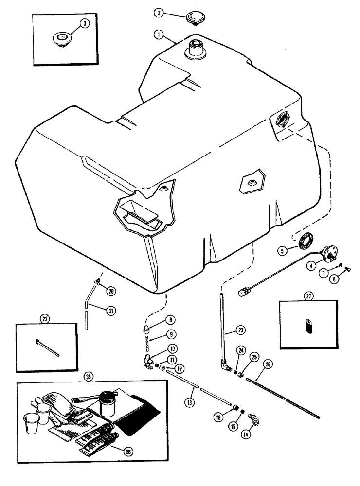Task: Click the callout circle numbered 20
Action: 111,291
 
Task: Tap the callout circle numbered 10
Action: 173,348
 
